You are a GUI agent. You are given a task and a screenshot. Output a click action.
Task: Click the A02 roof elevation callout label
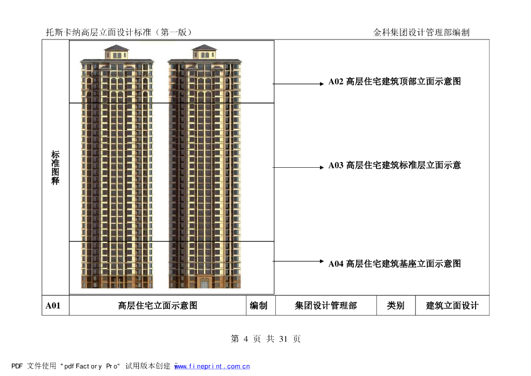point(395,82)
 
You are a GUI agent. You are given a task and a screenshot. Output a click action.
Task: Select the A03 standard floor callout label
point(395,166)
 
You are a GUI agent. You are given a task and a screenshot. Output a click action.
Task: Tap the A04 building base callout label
point(395,264)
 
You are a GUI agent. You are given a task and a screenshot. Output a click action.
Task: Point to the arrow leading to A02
point(299,84)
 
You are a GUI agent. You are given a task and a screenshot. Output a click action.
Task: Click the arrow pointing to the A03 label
point(299,167)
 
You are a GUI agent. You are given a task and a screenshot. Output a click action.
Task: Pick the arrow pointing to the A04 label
point(299,262)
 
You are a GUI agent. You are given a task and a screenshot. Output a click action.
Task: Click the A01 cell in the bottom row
point(53,306)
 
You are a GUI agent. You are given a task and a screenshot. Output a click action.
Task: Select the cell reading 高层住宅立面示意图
point(158,306)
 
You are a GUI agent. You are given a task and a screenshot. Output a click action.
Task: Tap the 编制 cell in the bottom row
point(259,306)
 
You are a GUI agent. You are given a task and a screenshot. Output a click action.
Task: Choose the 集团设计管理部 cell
point(326,306)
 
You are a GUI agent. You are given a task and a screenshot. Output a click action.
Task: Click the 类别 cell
point(396,306)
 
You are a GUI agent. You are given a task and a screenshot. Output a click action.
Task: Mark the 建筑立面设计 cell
point(452,306)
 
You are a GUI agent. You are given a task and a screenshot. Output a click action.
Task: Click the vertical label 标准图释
point(55,168)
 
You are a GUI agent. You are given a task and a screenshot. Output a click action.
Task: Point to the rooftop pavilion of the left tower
point(116,52)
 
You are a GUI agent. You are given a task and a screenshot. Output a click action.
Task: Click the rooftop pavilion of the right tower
point(204,52)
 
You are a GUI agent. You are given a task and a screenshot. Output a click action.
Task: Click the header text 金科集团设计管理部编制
point(421,32)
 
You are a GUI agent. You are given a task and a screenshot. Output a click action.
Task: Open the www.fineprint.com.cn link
point(213,366)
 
